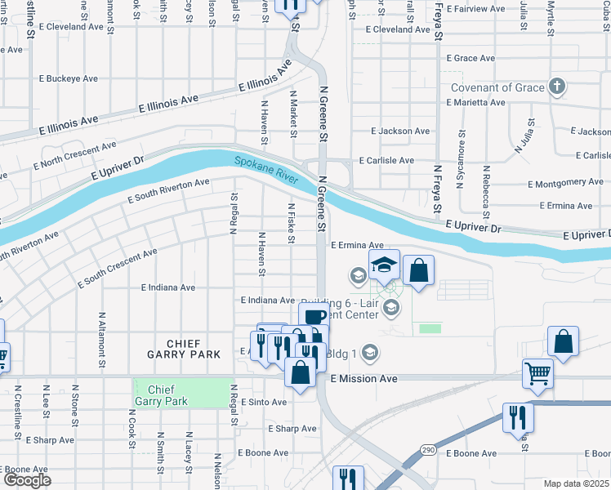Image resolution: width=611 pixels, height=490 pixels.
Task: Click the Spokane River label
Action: tap(265, 169)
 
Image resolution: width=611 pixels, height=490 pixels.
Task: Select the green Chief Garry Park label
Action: tap(181, 394)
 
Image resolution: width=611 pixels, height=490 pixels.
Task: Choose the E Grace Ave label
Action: tap(471, 59)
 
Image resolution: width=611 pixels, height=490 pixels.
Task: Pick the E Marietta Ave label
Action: tap(475, 103)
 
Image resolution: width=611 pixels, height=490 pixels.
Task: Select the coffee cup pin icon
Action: tap(314, 317)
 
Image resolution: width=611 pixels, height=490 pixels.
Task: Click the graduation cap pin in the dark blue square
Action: tap(383, 265)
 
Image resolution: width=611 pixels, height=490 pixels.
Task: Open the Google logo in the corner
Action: tap(26, 480)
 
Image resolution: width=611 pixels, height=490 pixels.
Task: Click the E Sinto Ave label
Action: tap(264, 402)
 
